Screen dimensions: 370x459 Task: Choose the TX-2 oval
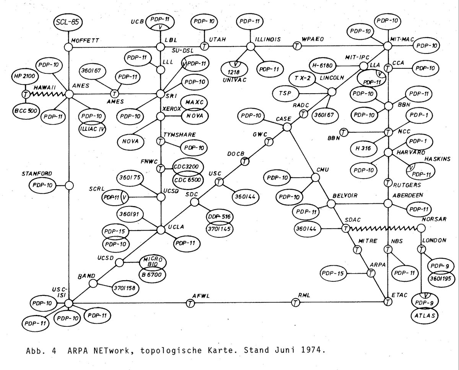coord(302,78)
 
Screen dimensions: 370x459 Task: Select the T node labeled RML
coord(295,303)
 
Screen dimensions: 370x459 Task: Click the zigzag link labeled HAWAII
coord(46,94)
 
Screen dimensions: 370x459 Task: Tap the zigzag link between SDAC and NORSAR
coord(382,229)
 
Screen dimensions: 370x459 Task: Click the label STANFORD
coord(37,174)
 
